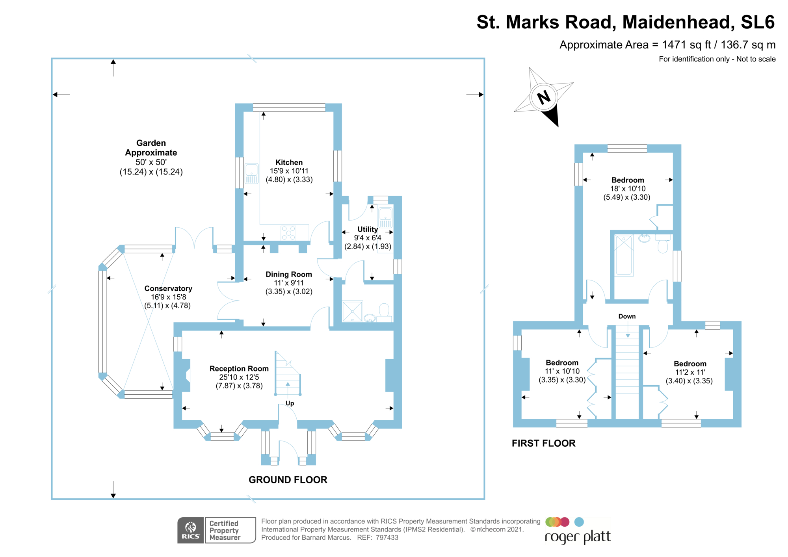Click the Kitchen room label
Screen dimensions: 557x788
pos(289,162)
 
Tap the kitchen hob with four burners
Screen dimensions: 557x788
pos(288,233)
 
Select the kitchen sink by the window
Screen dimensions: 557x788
pos(251,174)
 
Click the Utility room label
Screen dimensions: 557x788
pos(367,229)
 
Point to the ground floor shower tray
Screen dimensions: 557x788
pos(352,311)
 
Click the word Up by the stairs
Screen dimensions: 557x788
pos(290,403)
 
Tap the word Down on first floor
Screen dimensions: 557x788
pos(626,316)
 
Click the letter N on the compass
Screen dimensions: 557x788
pos(544,97)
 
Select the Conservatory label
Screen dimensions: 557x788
pos(168,288)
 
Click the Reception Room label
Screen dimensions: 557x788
pos(239,368)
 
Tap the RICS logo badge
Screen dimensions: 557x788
pos(191,530)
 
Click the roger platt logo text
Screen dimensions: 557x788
pos(577,537)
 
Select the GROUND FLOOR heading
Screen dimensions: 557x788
pos(288,480)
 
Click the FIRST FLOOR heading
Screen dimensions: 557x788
pos(543,443)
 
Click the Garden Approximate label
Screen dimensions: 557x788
pos(151,148)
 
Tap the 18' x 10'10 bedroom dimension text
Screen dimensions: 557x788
pos(628,189)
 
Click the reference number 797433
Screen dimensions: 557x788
pos(387,538)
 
